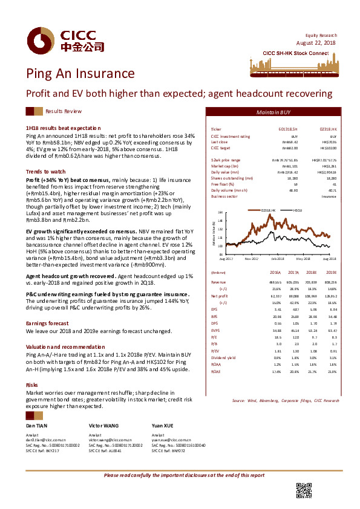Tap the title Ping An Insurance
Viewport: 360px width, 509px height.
point(80,74)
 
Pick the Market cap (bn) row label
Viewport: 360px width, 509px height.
point(224,165)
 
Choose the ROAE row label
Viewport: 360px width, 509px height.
point(215,371)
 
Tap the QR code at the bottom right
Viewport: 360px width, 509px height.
point(303,490)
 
